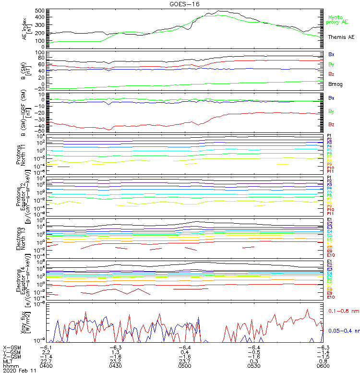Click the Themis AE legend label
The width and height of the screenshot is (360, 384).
(x=341, y=37)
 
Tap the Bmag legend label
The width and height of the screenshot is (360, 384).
(x=336, y=84)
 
